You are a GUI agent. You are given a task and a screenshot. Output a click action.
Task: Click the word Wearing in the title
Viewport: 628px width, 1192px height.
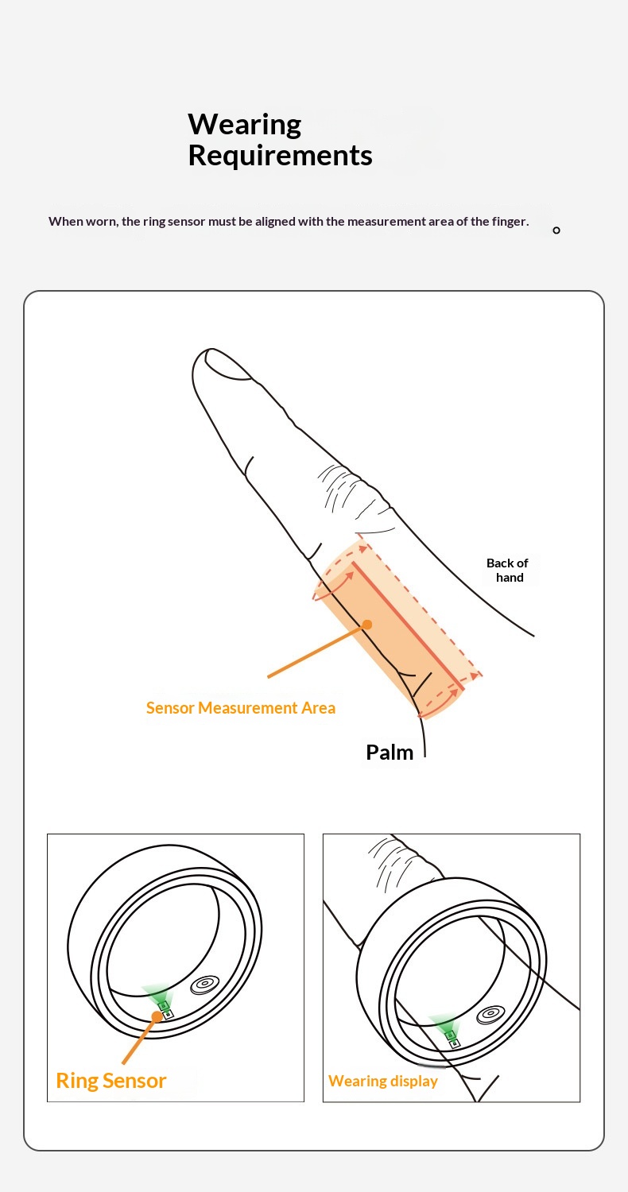coord(245,125)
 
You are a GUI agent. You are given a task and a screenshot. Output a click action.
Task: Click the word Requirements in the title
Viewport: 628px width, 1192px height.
coord(280,156)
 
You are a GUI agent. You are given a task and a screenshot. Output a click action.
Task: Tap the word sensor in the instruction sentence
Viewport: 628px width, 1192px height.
coord(186,222)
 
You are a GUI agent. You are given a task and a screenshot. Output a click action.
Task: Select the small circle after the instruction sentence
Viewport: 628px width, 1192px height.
coord(556,230)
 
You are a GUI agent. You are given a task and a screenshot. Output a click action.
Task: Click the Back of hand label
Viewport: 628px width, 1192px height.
coord(508,571)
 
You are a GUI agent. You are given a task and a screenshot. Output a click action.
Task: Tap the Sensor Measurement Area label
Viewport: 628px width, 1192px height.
coord(241,708)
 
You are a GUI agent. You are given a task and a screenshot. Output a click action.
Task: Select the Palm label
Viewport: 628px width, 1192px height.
coord(390,753)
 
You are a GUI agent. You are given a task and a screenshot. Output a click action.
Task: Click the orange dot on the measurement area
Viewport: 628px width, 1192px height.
coord(366,624)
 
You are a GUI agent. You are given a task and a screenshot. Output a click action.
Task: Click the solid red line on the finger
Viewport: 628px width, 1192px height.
coord(408,626)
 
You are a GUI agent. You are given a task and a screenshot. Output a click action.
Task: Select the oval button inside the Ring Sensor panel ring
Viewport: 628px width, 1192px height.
coord(205,985)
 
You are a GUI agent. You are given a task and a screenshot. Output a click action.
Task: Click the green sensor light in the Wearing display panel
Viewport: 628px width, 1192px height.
coord(446,1024)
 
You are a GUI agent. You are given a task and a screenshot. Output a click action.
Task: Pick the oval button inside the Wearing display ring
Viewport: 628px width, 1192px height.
coord(490,1015)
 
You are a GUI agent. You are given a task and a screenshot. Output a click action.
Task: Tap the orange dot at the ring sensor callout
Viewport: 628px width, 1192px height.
coord(157,1017)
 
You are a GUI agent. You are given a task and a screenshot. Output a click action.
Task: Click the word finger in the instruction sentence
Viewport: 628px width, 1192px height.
coord(508,222)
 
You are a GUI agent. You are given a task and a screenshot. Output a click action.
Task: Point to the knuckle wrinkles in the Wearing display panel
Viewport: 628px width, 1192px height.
coord(389,859)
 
